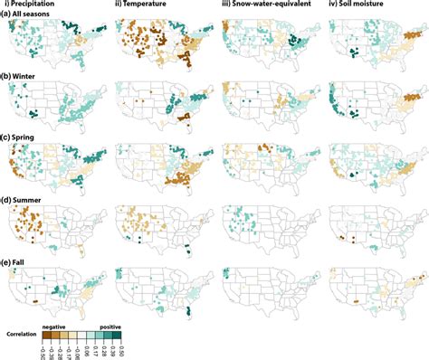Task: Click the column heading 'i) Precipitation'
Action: [x=43, y=5]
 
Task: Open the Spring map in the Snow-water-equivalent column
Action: [x=266, y=168]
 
